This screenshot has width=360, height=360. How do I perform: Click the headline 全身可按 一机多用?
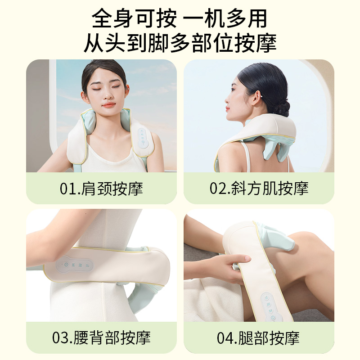pos(180,19)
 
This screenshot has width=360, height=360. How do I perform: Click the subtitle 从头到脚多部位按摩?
pos(180,43)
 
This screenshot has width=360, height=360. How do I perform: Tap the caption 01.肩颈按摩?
pos(101,189)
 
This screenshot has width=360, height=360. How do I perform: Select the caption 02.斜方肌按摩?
pos(259,189)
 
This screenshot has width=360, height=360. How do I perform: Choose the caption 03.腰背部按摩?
pos(101,337)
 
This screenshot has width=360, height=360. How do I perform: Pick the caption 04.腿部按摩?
pos(259,337)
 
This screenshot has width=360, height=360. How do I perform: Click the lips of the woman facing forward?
pos(108,105)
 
